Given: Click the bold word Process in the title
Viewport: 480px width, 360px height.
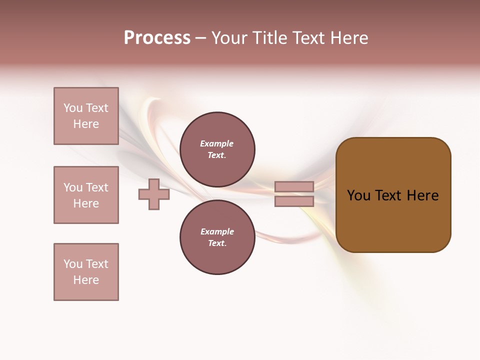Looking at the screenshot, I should tap(157, 38).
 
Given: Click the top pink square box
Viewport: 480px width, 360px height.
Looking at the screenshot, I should tap(86, 116).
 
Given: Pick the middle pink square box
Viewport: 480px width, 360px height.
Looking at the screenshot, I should tap(86, 195).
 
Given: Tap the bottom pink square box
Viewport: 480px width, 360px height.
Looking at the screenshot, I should tap(86, 272).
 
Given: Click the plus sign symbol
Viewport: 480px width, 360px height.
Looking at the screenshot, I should tap(154, 194).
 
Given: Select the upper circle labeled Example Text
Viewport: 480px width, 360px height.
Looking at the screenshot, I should tap(217, 149).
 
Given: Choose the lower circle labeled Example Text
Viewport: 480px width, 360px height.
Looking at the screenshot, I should tap(217, 237).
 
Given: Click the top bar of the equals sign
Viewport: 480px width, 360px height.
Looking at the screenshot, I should tap(294, 186).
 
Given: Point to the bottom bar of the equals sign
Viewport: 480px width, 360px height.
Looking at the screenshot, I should tap(294, 201).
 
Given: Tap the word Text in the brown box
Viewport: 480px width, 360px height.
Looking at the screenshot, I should tap(389, 195).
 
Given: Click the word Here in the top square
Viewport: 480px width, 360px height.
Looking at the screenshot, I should tap(86, 124).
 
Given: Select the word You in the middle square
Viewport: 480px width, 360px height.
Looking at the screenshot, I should tap(72, 187).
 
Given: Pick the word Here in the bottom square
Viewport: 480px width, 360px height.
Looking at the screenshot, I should tap(86, 280).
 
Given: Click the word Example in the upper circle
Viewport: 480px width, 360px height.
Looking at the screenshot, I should tap(217, 143).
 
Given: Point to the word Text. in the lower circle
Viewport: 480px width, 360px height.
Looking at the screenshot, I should tap(217, 243).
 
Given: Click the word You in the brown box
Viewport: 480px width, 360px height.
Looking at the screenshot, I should tap(358, 195).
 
